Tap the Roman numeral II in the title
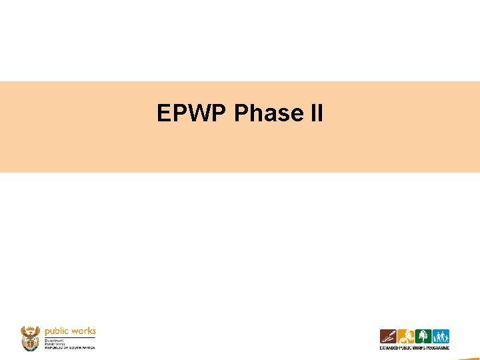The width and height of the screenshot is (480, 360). tap(317, 113)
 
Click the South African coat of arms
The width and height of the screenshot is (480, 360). tap(31, 339)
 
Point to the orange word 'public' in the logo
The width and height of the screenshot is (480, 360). tap(57, 331)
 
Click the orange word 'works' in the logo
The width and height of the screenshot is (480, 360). tap(83, 331)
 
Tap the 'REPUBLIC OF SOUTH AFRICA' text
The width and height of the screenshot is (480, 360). tap(69, 348)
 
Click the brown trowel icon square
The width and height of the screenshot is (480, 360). tap(388, 337)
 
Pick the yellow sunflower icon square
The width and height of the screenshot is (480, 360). tap(405, 337)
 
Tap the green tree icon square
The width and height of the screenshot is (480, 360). tap(423, 337)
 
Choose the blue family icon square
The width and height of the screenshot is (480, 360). tap(441, 337)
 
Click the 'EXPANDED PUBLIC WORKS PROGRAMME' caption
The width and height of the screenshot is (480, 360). tap(414, 348)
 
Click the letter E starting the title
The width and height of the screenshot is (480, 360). tap(163, 113)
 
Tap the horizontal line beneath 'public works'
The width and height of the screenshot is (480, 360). tap(70, 337)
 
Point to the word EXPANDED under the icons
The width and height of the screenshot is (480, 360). tap(390, 348)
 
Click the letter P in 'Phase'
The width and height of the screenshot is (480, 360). tap(241, 113)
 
